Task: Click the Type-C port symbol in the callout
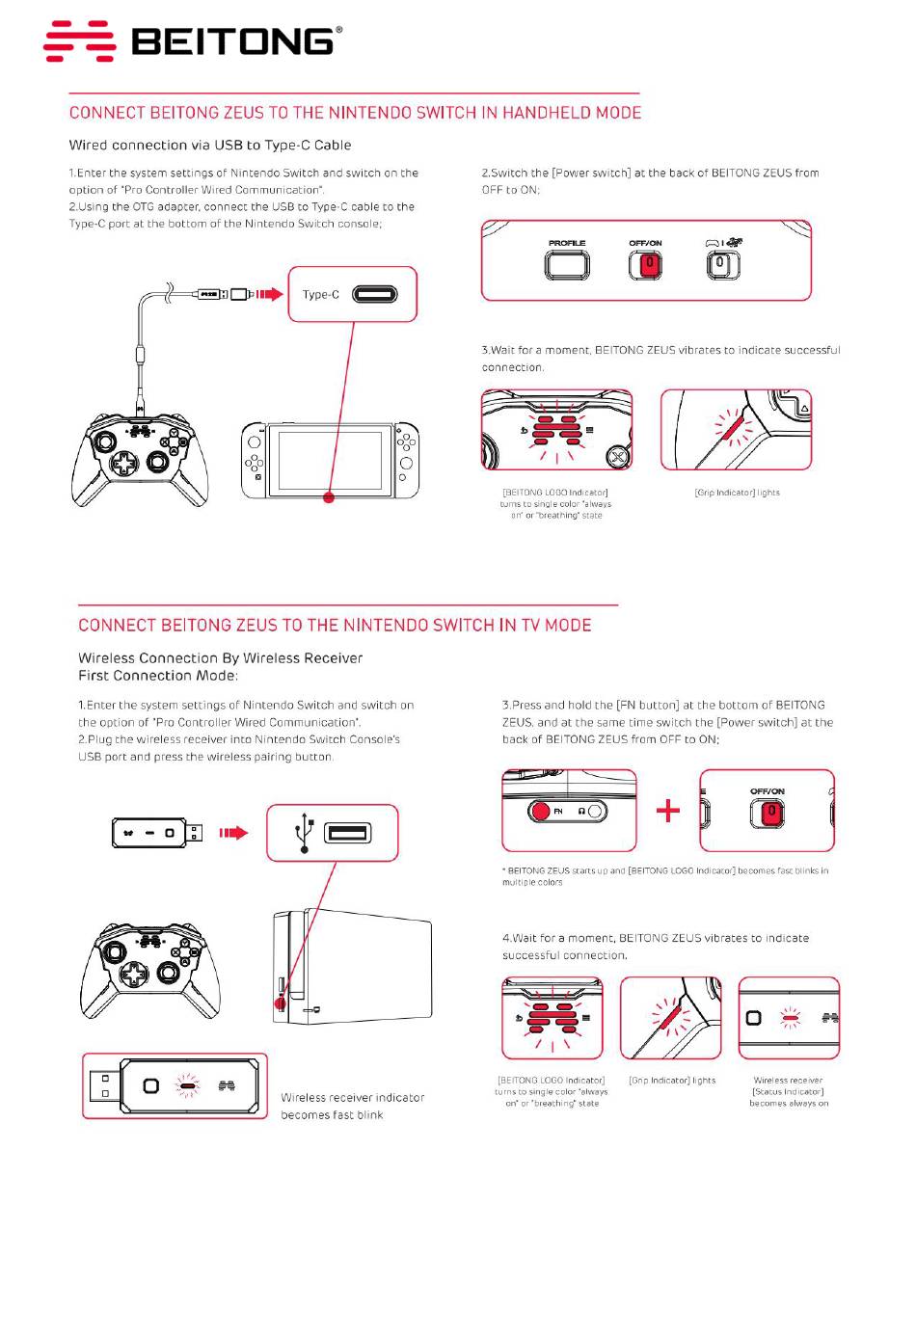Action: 374,294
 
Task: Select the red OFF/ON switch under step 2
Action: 646,264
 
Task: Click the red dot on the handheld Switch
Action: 329,497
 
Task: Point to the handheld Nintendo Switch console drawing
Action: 330,460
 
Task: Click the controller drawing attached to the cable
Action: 140,457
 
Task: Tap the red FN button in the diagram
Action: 542,811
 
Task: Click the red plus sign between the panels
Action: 668,811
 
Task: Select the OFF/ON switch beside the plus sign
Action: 768,813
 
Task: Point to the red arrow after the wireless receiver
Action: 233,833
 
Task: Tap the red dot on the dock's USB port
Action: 282,1003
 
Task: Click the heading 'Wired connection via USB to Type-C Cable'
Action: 210,146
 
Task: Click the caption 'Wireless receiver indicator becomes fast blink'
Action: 352,1106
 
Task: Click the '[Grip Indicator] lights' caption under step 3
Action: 737,493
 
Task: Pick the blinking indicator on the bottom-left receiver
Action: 187,1086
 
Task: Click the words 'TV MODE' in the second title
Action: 556,625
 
